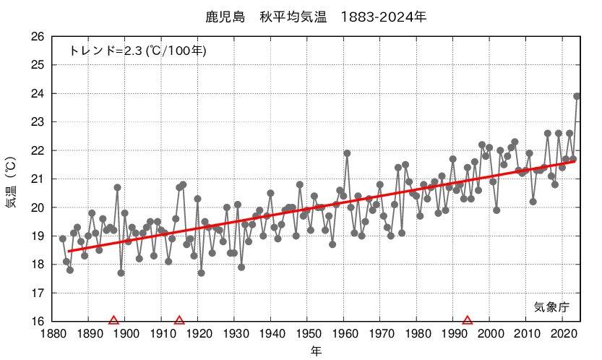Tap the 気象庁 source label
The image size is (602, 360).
coord(551,307)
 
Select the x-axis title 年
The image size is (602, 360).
coord(316,351)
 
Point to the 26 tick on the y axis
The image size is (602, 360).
coord(38,37)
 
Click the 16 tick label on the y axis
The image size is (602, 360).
coord(38,322)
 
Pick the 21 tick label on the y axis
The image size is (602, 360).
coord(38,179)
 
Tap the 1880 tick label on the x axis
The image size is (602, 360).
coord(52,334)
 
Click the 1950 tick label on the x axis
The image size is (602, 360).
coord(307,334)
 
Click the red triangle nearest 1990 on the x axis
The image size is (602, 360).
coord(468,320)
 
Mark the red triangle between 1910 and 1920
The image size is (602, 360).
coord(179,320)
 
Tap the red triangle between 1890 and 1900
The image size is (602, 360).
coord(113,320)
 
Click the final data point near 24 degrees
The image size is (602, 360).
coord(577,96)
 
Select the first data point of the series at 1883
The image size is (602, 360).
coord(63,239)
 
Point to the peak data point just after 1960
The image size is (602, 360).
coord(347,153)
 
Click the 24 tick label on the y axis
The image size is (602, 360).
coord(38,94)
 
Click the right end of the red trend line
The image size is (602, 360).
coord(575,161)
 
